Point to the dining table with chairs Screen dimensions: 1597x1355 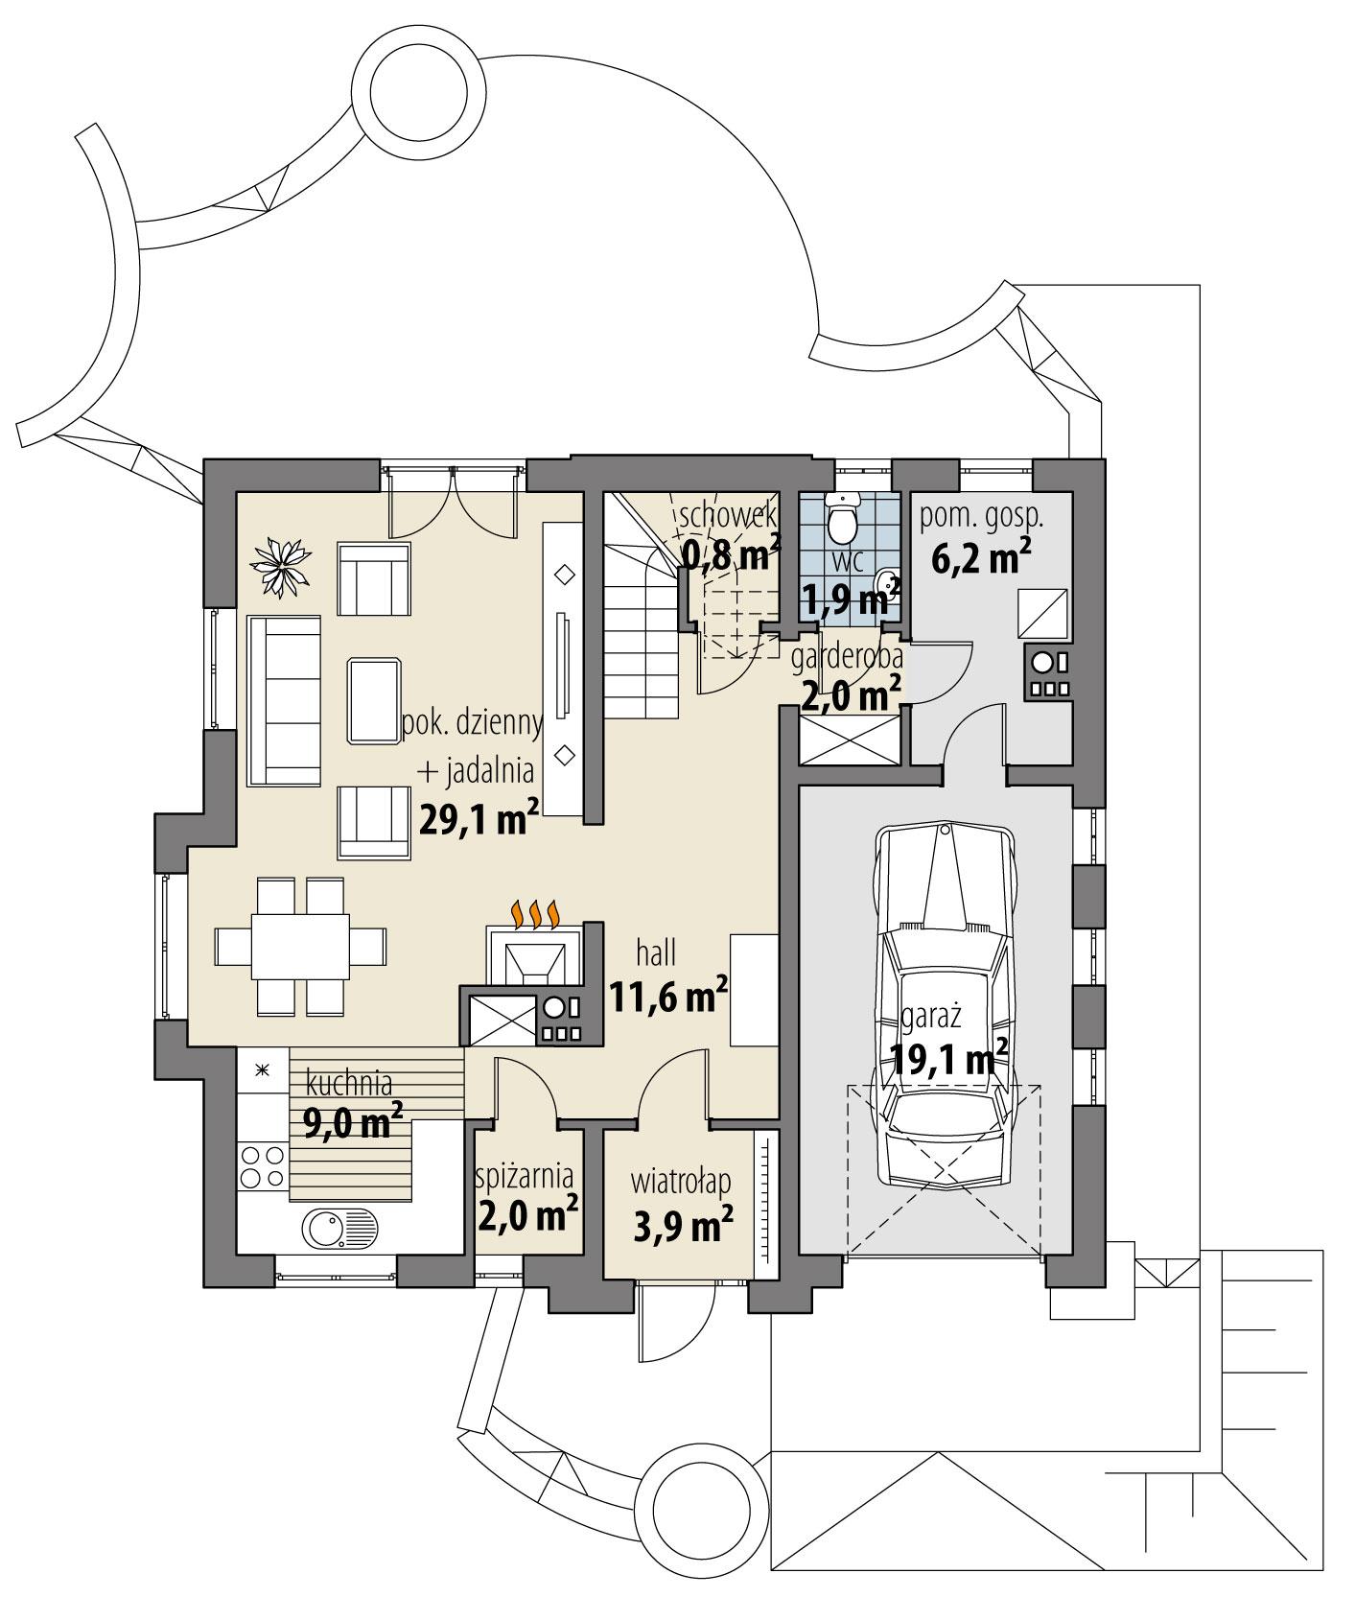[x=300, y=946]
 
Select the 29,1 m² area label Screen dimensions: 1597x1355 [x=478, y=819]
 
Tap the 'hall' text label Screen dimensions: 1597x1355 [x=656, y=953]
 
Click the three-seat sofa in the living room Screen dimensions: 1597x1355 [x=284, y=701]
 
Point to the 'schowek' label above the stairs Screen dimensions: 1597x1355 [x=727, y=515]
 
